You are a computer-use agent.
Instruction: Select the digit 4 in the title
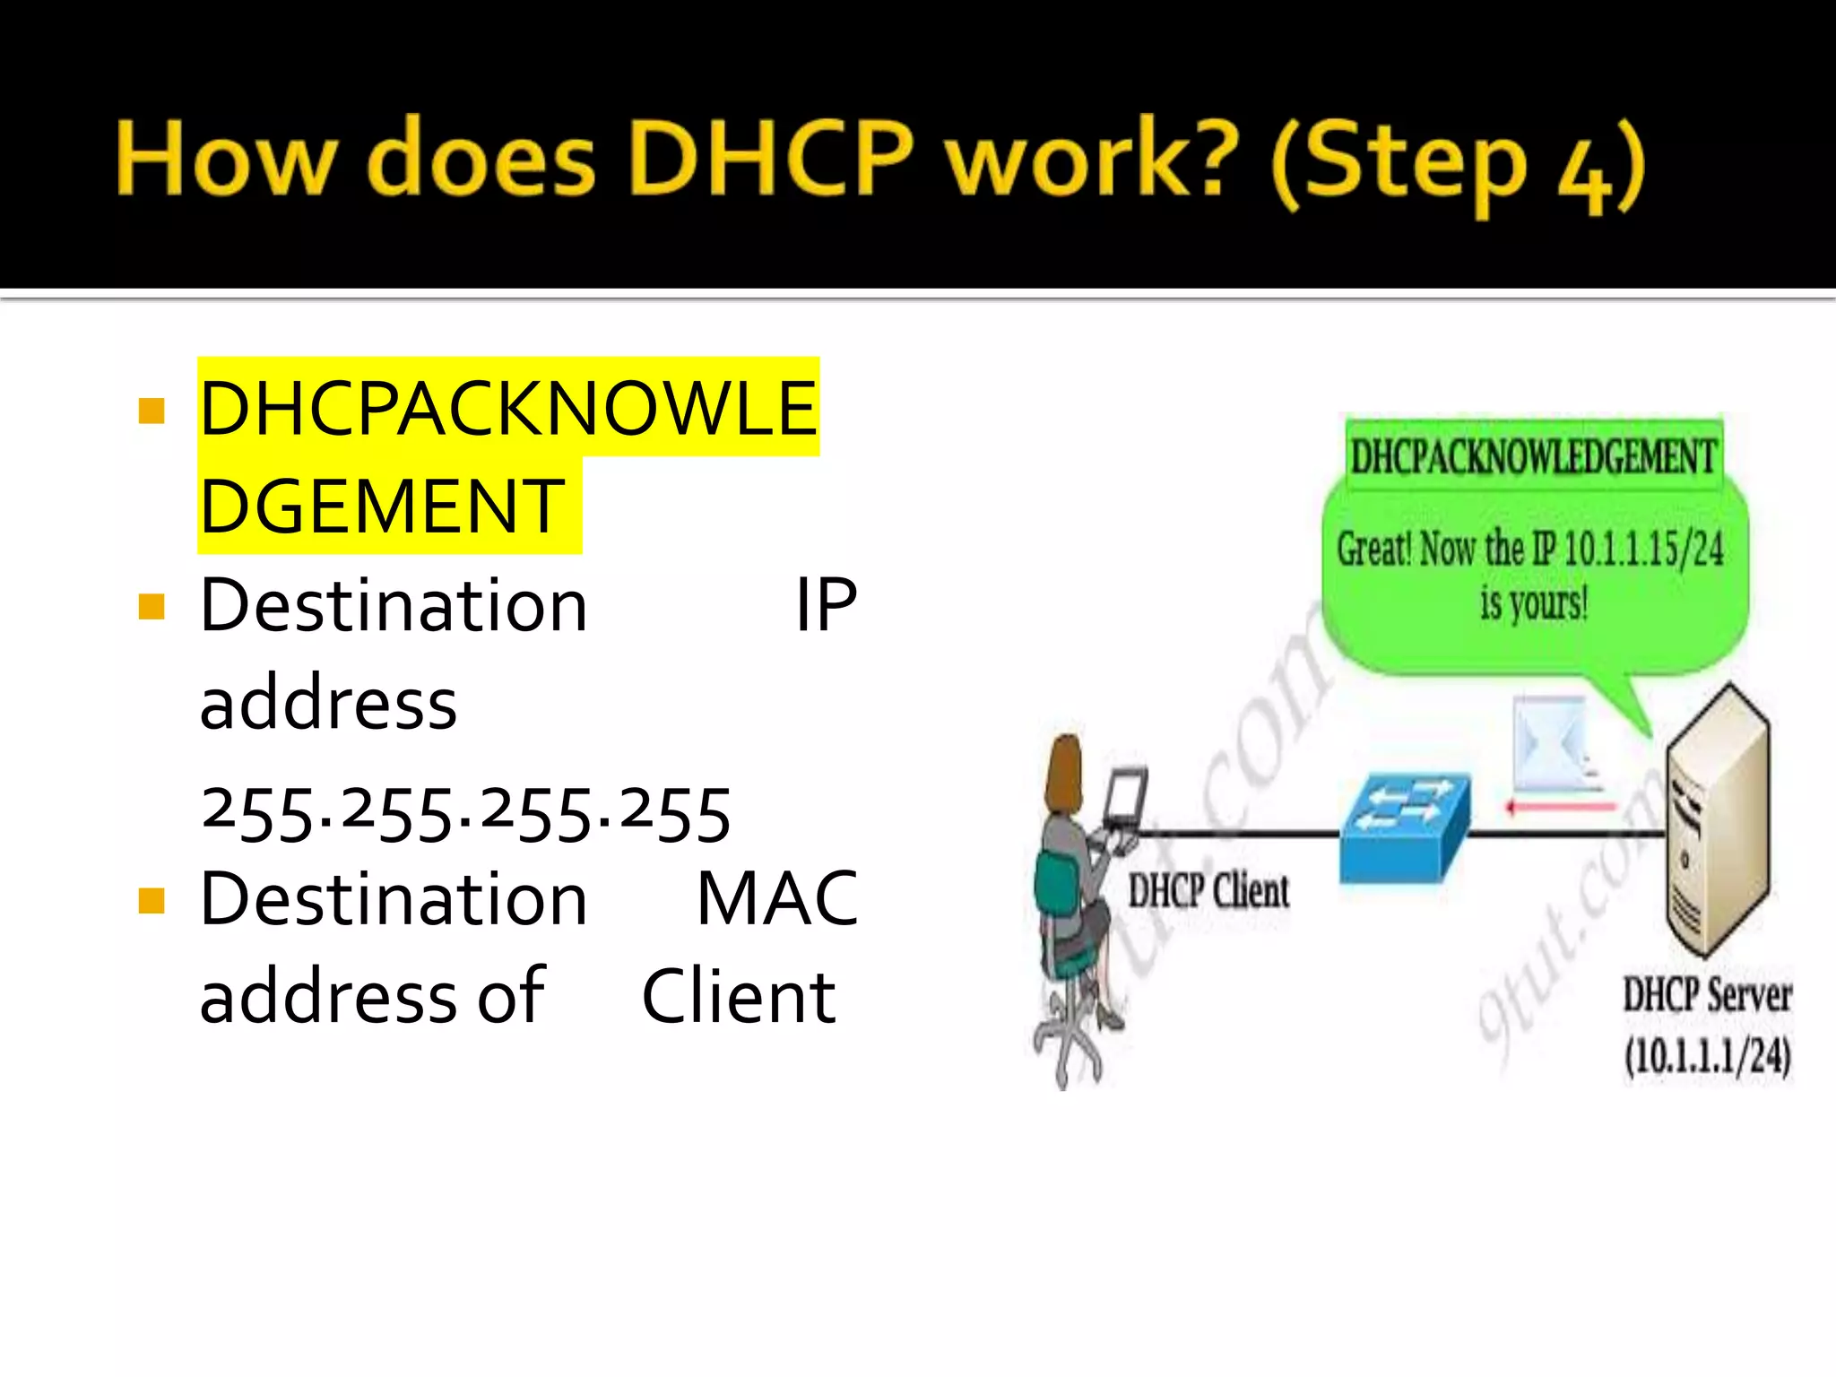coord(1584,175)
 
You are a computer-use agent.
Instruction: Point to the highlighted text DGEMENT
coord(382,507)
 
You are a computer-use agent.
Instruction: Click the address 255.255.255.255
coord(465,814)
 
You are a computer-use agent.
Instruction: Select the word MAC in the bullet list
coord(777,898)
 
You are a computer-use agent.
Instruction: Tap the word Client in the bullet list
coord(739,997)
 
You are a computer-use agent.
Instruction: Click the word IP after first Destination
coord(826,606)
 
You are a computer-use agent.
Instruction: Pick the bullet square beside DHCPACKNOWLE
coord(152,411)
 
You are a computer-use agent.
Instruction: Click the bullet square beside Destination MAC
coord(152,900)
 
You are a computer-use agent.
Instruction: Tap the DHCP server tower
coord(1717,820)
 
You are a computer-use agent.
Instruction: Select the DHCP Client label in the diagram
coord(1208,891)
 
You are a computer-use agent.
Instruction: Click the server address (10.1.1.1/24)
coord(1708,1056)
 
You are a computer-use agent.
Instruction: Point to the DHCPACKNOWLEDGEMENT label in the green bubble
coord(1533,457)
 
